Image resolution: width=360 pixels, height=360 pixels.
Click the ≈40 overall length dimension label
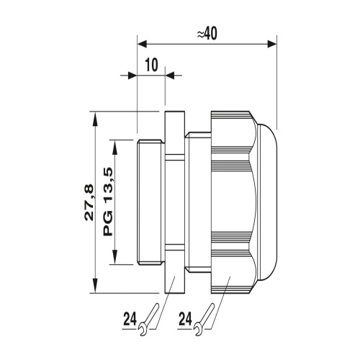[x=207, y=33]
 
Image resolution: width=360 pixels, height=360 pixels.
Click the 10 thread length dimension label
[x=151, y=65]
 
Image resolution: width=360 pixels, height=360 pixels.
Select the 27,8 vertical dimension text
[x=89, y=203]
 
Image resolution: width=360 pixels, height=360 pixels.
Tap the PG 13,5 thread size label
[x=108, y=202]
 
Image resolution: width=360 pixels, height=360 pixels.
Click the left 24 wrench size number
[x=130, y=319]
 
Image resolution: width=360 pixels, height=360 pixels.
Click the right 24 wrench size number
[x=186, y=319]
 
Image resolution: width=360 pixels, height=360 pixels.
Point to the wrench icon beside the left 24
[x=149, y=320]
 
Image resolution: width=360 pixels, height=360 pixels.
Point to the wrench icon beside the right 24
[x=204, y=320]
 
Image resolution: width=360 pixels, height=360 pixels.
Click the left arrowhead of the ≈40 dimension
[x=142, y=44]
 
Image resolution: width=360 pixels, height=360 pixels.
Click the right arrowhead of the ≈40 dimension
[x=272, y=44]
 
